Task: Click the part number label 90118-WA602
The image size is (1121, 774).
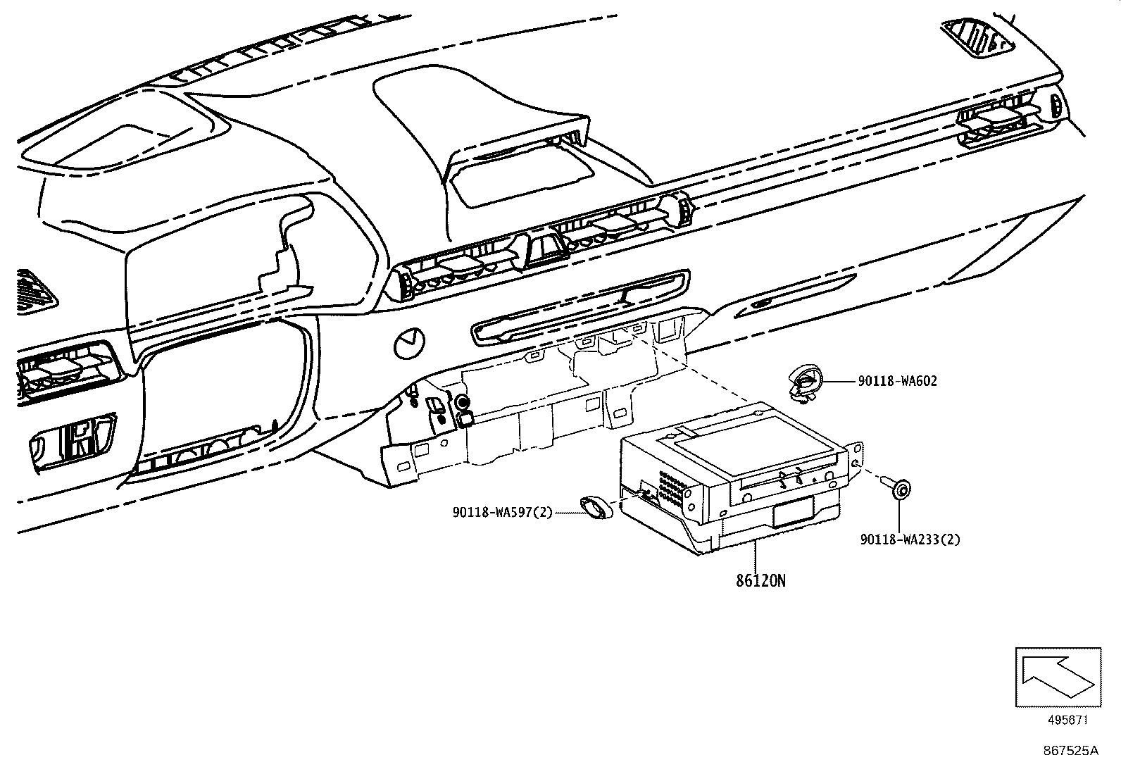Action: pos(897,381)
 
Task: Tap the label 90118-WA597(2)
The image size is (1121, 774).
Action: pos(503,513)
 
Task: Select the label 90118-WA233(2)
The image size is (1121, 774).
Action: pos(910,539)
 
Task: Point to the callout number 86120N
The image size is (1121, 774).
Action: pos(760,581)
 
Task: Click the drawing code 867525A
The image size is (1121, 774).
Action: pos(1070,751)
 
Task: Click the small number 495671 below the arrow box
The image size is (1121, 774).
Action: pos(1067,720)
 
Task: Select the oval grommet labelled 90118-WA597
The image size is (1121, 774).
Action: pos(596,506)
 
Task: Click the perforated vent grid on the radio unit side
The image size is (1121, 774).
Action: pos(672,487)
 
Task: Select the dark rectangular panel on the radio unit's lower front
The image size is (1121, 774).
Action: pos(792,512)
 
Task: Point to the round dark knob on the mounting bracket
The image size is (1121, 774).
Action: pos(463,403)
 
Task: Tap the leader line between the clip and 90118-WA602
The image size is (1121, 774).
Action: pos(839,381)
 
